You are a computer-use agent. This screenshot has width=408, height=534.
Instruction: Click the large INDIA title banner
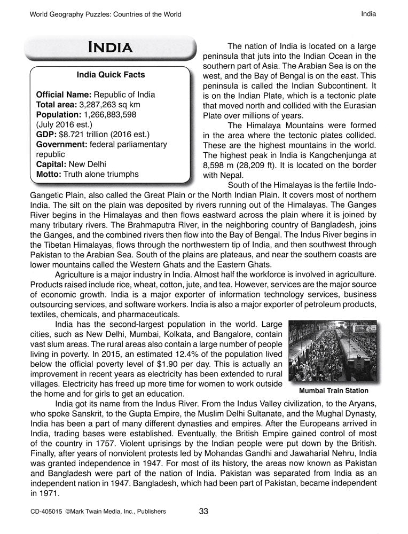pyautogui.click(x=111, y=47)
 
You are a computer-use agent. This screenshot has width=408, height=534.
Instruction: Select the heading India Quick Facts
pyautogui.click(x=111, y=75)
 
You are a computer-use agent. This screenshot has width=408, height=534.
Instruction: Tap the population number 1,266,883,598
pyautogui.click(x=107, y=114)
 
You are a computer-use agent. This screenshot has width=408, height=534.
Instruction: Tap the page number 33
pyautogui.click(x=203, y=512)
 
